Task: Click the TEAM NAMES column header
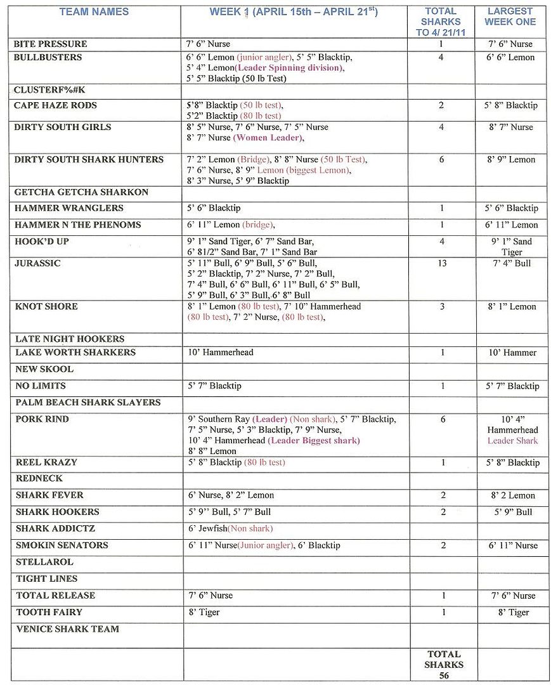[x=94, y=11]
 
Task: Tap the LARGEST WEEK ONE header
[x=510, y=16]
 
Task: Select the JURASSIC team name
[x=37, y=263]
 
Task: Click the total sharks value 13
[x=441, y=263]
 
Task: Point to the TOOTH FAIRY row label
[x=49, y=612]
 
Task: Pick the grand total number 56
[x=444, y=676]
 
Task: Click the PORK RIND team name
[x=42, y=419]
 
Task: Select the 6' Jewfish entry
[x=207, y=528]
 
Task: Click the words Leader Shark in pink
[x=512, y=441]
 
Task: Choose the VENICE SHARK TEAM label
[x=67, y=629]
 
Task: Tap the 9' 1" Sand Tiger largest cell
[x=512, y=247]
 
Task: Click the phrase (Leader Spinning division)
[x=288, y=68]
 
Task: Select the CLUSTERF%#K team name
[x=49, y=90]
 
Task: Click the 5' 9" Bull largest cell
[x=512, y=512]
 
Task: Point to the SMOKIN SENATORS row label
[x=62, y=545]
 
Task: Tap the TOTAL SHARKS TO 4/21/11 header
[x=441, y=22]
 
